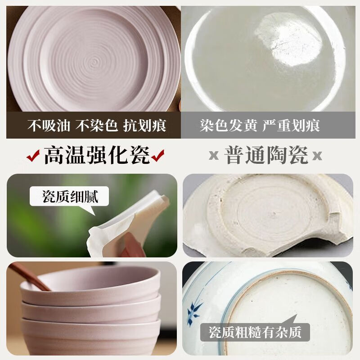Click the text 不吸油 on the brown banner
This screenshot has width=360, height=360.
click(49, 125)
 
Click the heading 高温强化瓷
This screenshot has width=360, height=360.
click(96, 156)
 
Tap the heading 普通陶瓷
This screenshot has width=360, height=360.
click(266, 156)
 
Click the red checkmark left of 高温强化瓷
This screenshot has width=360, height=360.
click(32, 157)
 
